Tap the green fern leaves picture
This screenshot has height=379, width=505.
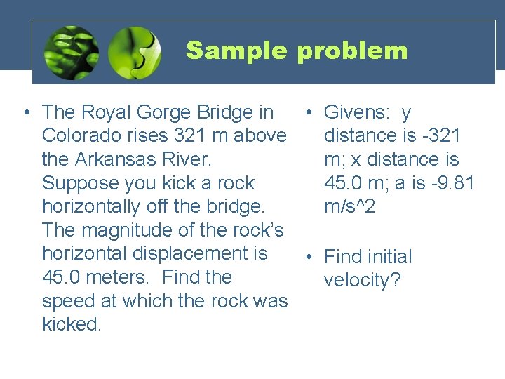[x=71, y=53]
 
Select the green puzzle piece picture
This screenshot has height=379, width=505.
[x=135, y=53]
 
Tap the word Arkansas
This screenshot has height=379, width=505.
[x=117, y=159]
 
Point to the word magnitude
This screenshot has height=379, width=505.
[x=131, y=230]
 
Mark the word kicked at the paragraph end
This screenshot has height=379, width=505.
[x=71, y=324]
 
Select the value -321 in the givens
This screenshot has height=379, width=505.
[x=440, y=135]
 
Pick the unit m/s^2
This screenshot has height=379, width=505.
[x=351, y=206]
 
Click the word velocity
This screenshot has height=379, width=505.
[x=362, y=281]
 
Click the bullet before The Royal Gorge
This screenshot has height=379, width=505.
[x=25, y=112]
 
